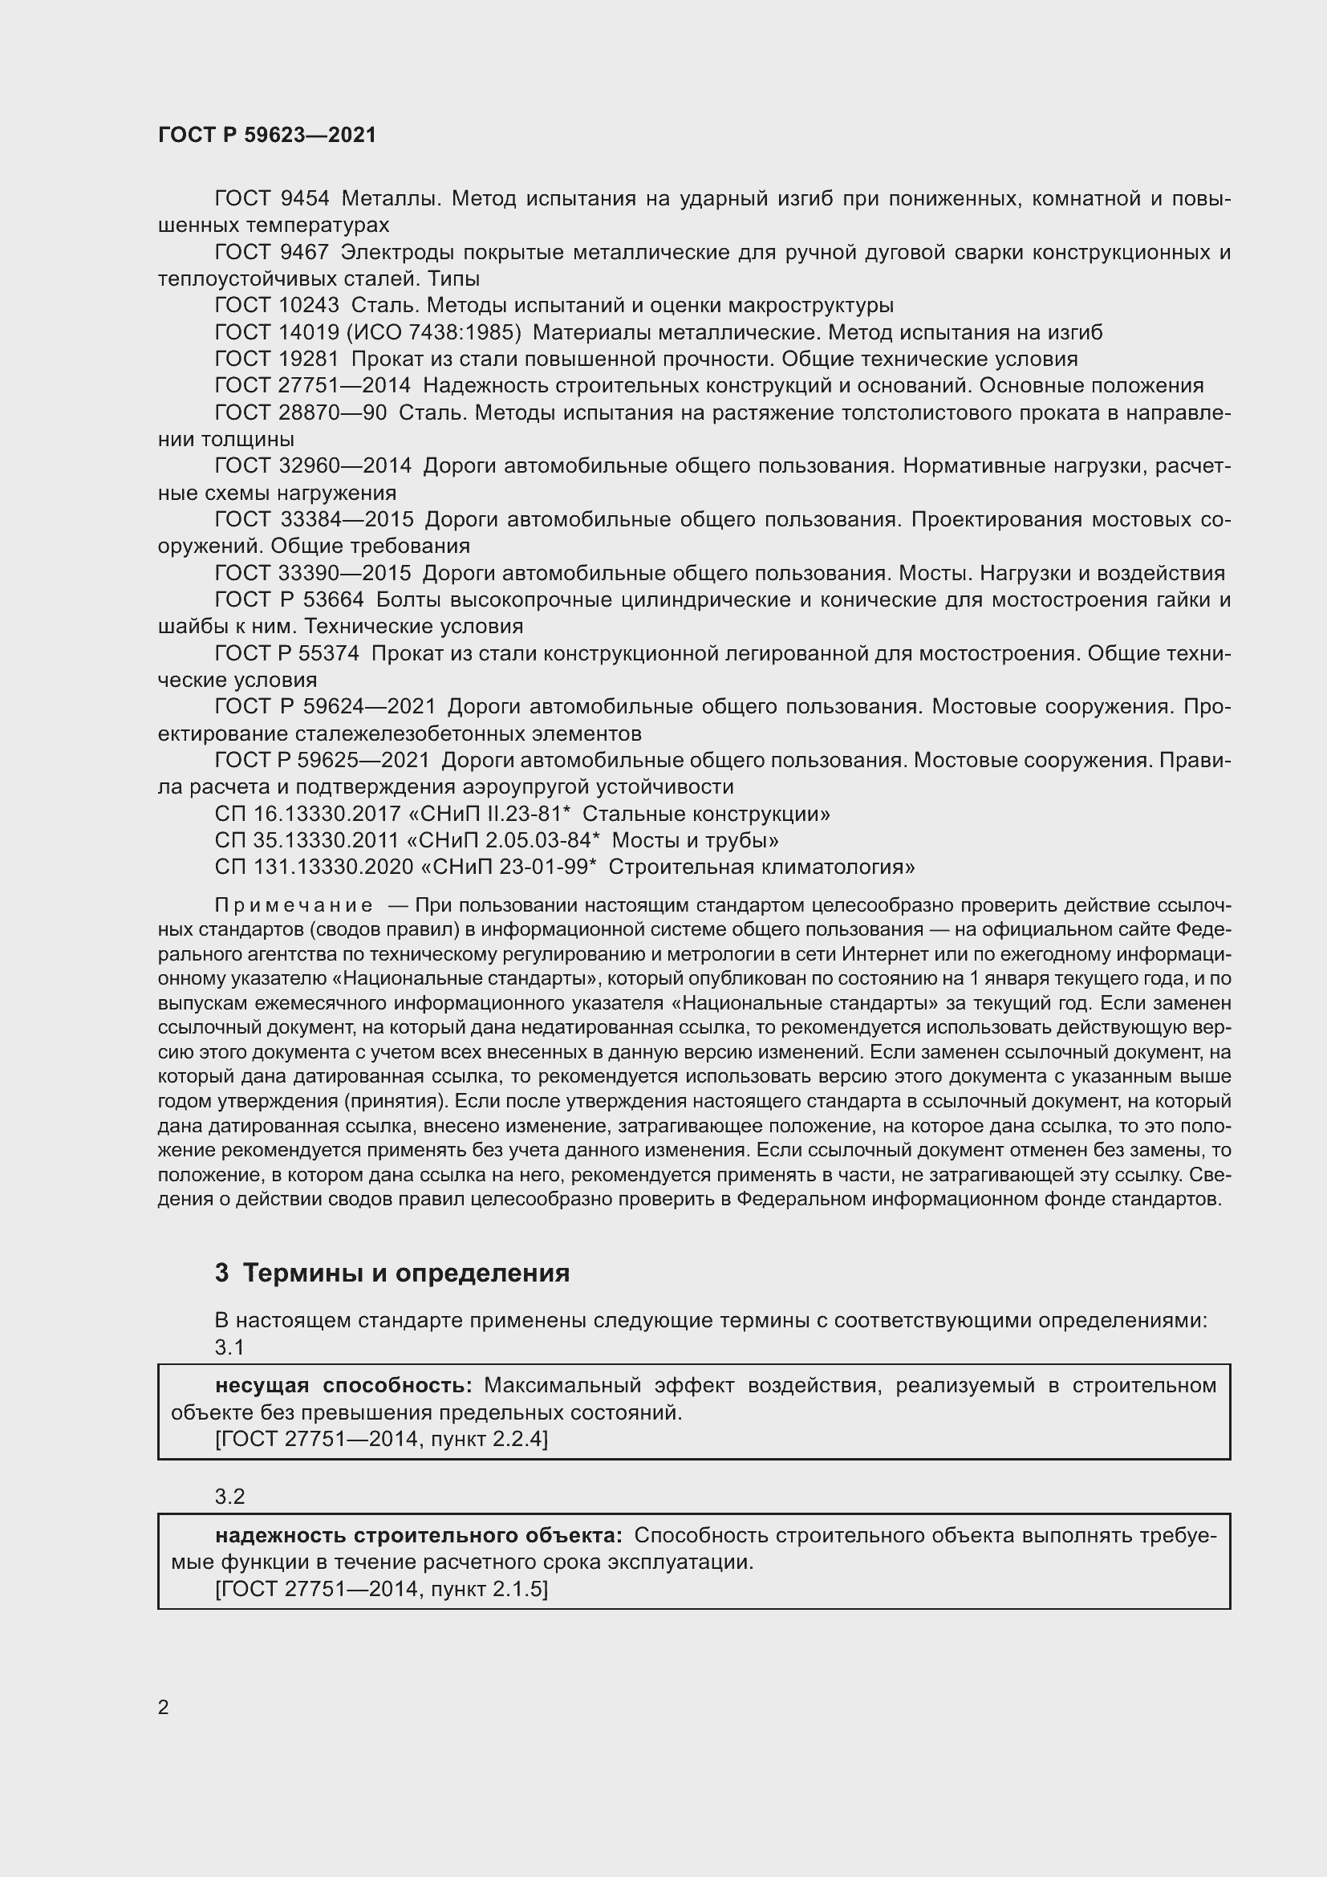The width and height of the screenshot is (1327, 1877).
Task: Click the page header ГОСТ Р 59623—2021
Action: pyautogui.click(x=267, y=135)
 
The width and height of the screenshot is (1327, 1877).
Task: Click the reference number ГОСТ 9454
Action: pyautogui.click(x=271, y=199)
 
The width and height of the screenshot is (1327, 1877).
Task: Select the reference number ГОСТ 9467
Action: pyautogui.click(x=271, y=252)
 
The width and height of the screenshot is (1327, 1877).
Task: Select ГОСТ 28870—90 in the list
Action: pyautogui.click(x=300, y=412)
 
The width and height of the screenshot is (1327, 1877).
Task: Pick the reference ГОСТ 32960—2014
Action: pyautogui.click(x=313, y=466)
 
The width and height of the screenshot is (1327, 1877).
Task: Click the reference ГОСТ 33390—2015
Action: pyautogui.click(x=313, y=573)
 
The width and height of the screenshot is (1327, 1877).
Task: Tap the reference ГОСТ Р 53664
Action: pyautogui.click(x=289, y=600)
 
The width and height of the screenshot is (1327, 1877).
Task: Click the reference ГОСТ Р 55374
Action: pyautogui.click(x=289, y=653)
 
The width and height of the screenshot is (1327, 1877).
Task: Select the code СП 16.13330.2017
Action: pyautogui.click(x=307, y=815)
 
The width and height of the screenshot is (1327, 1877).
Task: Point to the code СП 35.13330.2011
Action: pyautogui.click(x=307, y=840)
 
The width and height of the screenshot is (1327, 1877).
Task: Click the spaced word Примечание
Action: pyautogui.click(x=294, y=906)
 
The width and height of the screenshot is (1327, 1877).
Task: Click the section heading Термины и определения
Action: pyautogui.click(x=406, y=1273)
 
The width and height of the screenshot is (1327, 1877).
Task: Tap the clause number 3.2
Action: pyautogui.click(x=229, y=1496)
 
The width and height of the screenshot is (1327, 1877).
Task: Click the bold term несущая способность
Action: pyautogui.click(x=343, y=1385)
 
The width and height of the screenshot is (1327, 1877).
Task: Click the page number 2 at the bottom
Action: pyautogui.click(x=164, y=1707)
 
